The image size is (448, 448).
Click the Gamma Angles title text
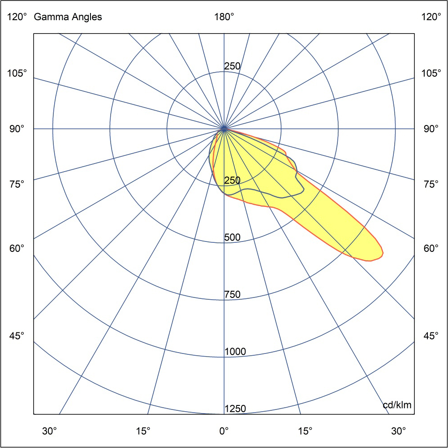pos(68,17)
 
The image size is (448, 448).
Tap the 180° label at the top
pos(224,17)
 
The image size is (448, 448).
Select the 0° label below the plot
pos(224,431)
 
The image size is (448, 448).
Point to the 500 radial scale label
pos(233,237)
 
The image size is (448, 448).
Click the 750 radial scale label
pos(233,295)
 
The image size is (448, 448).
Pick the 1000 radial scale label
pos(235,352)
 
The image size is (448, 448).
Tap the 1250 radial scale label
pos(235,409)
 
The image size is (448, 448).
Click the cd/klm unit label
pos(397,405)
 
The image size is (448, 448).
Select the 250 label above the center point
pos(233,66)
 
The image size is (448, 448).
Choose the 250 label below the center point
pos(233,181)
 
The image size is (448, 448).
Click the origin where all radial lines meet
pos(224,129)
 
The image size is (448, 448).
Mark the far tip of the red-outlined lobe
pos(382,254)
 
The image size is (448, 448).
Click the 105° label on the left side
pos(17,73)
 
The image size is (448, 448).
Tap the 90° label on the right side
pos(431,129)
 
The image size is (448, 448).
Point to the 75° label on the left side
pos(17,184)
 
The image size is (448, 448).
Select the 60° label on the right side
pos(431,248)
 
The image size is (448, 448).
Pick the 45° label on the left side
pos(17,336)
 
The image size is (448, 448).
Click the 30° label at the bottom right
pos(398,431)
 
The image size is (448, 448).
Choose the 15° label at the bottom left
pos(143,431)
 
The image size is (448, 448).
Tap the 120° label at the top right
pos(431,17)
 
